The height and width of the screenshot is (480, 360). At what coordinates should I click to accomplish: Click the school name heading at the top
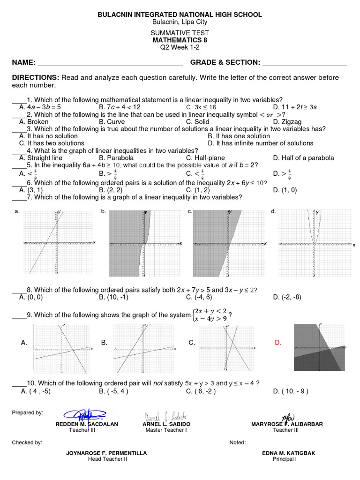pyautogui.click(x=180, y=15)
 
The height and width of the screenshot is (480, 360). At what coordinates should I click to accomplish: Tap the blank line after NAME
pyautogui.click(x=110, y=63)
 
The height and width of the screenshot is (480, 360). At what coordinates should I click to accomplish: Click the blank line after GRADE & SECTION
pyautogui.click(x=304, y=63)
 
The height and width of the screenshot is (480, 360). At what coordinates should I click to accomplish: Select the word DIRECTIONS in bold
pyautogui.click(x=35, y=77)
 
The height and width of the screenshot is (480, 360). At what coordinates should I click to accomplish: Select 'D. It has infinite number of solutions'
pyautogui.click(x=261, y=143)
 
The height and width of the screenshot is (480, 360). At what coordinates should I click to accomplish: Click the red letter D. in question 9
pyautogui.click(x=278, y=343)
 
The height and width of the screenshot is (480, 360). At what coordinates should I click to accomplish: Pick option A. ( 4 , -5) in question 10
pyautogui.click(x=35, y=390)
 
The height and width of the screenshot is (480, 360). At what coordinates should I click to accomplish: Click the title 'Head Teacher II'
pyautogui.click(x=107, y=459)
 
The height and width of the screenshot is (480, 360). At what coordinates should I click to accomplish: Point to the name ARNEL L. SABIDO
pyautogui.click(x=166, y=424)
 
